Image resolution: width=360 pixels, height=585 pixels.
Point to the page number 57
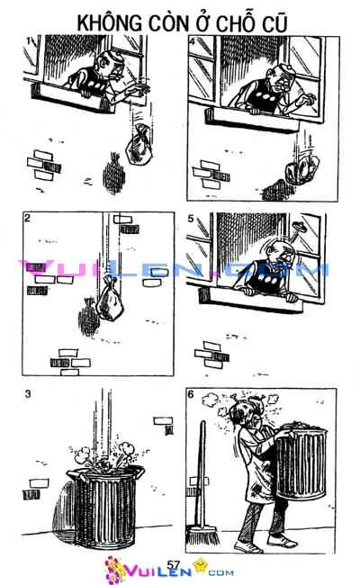tap(175, 564)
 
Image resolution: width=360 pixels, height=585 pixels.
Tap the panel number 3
tap(28, 393)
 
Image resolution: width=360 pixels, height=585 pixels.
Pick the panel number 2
tap(28, 219)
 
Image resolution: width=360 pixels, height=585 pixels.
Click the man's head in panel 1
tap(109, 65)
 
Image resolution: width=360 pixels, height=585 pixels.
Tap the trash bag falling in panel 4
tap(299, 169)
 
